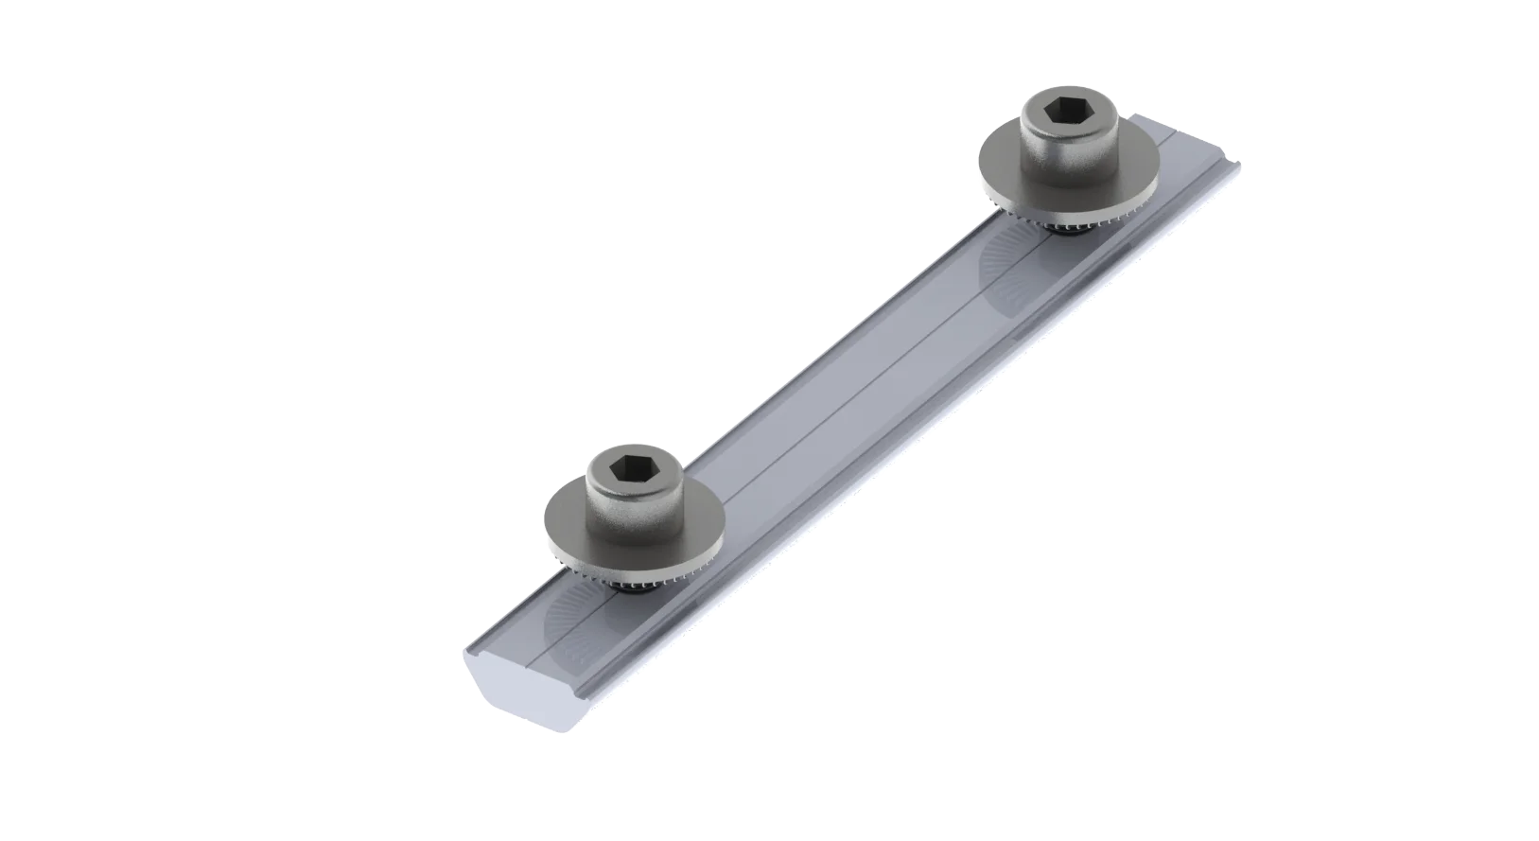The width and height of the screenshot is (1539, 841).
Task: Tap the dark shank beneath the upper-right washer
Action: (x=1068, y=233)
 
